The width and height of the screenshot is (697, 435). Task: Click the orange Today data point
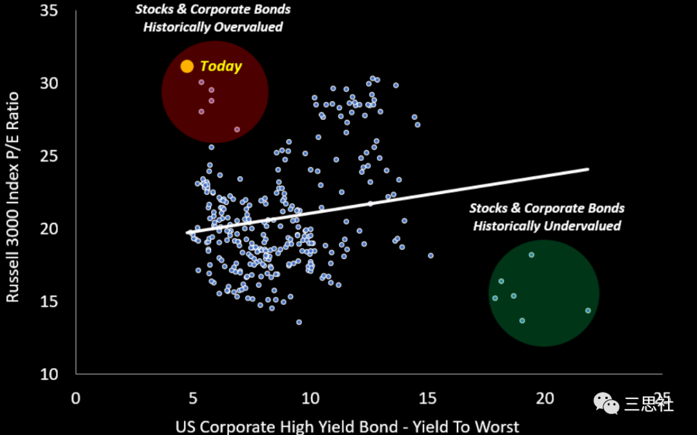coord(187,66)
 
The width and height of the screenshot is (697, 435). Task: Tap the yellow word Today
coord(221,66)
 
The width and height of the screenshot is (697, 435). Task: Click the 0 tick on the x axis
coord(76,398)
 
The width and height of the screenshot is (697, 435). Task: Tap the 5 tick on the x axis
coord(193,398)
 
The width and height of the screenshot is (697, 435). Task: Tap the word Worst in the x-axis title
coord(496,426)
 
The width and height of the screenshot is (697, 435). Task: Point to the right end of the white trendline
coord(588,169)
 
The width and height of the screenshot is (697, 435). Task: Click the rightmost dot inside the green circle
coord(588,311)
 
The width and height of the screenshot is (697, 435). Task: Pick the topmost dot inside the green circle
coord(531,255)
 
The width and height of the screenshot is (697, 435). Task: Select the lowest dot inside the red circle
coord(237,130)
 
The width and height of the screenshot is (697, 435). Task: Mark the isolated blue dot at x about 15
coord(430,256)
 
